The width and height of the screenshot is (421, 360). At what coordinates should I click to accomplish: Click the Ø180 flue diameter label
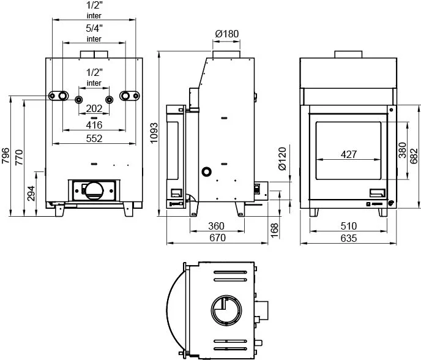click(227, 34)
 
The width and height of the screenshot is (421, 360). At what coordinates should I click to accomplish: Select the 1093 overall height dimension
click(154, 133)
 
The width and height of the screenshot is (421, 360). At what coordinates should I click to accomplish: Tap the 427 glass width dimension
click(349, 154)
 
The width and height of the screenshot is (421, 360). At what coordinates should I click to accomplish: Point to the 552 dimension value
click(94, 138)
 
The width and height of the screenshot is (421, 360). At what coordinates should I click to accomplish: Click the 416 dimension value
click(94, 125)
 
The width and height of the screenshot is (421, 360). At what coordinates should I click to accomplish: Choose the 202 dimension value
click(94, 109)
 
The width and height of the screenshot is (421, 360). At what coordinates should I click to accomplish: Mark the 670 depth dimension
click(217, 238)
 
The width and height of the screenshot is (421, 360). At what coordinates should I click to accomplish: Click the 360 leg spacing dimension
click(217, 226)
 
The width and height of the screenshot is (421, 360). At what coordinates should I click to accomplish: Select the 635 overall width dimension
click(349, 238)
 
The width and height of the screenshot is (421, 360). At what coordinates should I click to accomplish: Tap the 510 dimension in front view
click(349, 226)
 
